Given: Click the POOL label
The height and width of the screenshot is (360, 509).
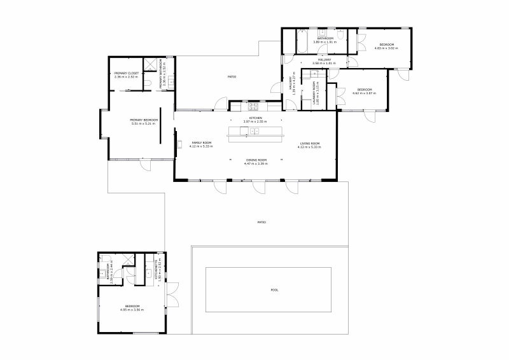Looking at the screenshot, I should (274, 290).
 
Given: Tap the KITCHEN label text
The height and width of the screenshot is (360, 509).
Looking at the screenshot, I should (256, 118).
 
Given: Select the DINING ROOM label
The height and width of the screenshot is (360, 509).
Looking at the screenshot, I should (256, 160).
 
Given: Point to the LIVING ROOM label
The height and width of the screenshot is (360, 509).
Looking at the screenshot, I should (310, 144).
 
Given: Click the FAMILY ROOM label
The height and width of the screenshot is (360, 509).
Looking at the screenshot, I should (202, 144).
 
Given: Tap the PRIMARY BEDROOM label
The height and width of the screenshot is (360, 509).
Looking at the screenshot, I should (144, 120).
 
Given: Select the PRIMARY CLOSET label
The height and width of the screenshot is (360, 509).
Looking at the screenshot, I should (127, 74).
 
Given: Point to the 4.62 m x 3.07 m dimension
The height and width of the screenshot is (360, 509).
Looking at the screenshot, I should (364, 93).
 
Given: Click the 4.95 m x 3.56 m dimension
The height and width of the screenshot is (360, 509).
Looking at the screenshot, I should (132, 310).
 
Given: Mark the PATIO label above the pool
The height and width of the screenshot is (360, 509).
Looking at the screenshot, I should (261, 222).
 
